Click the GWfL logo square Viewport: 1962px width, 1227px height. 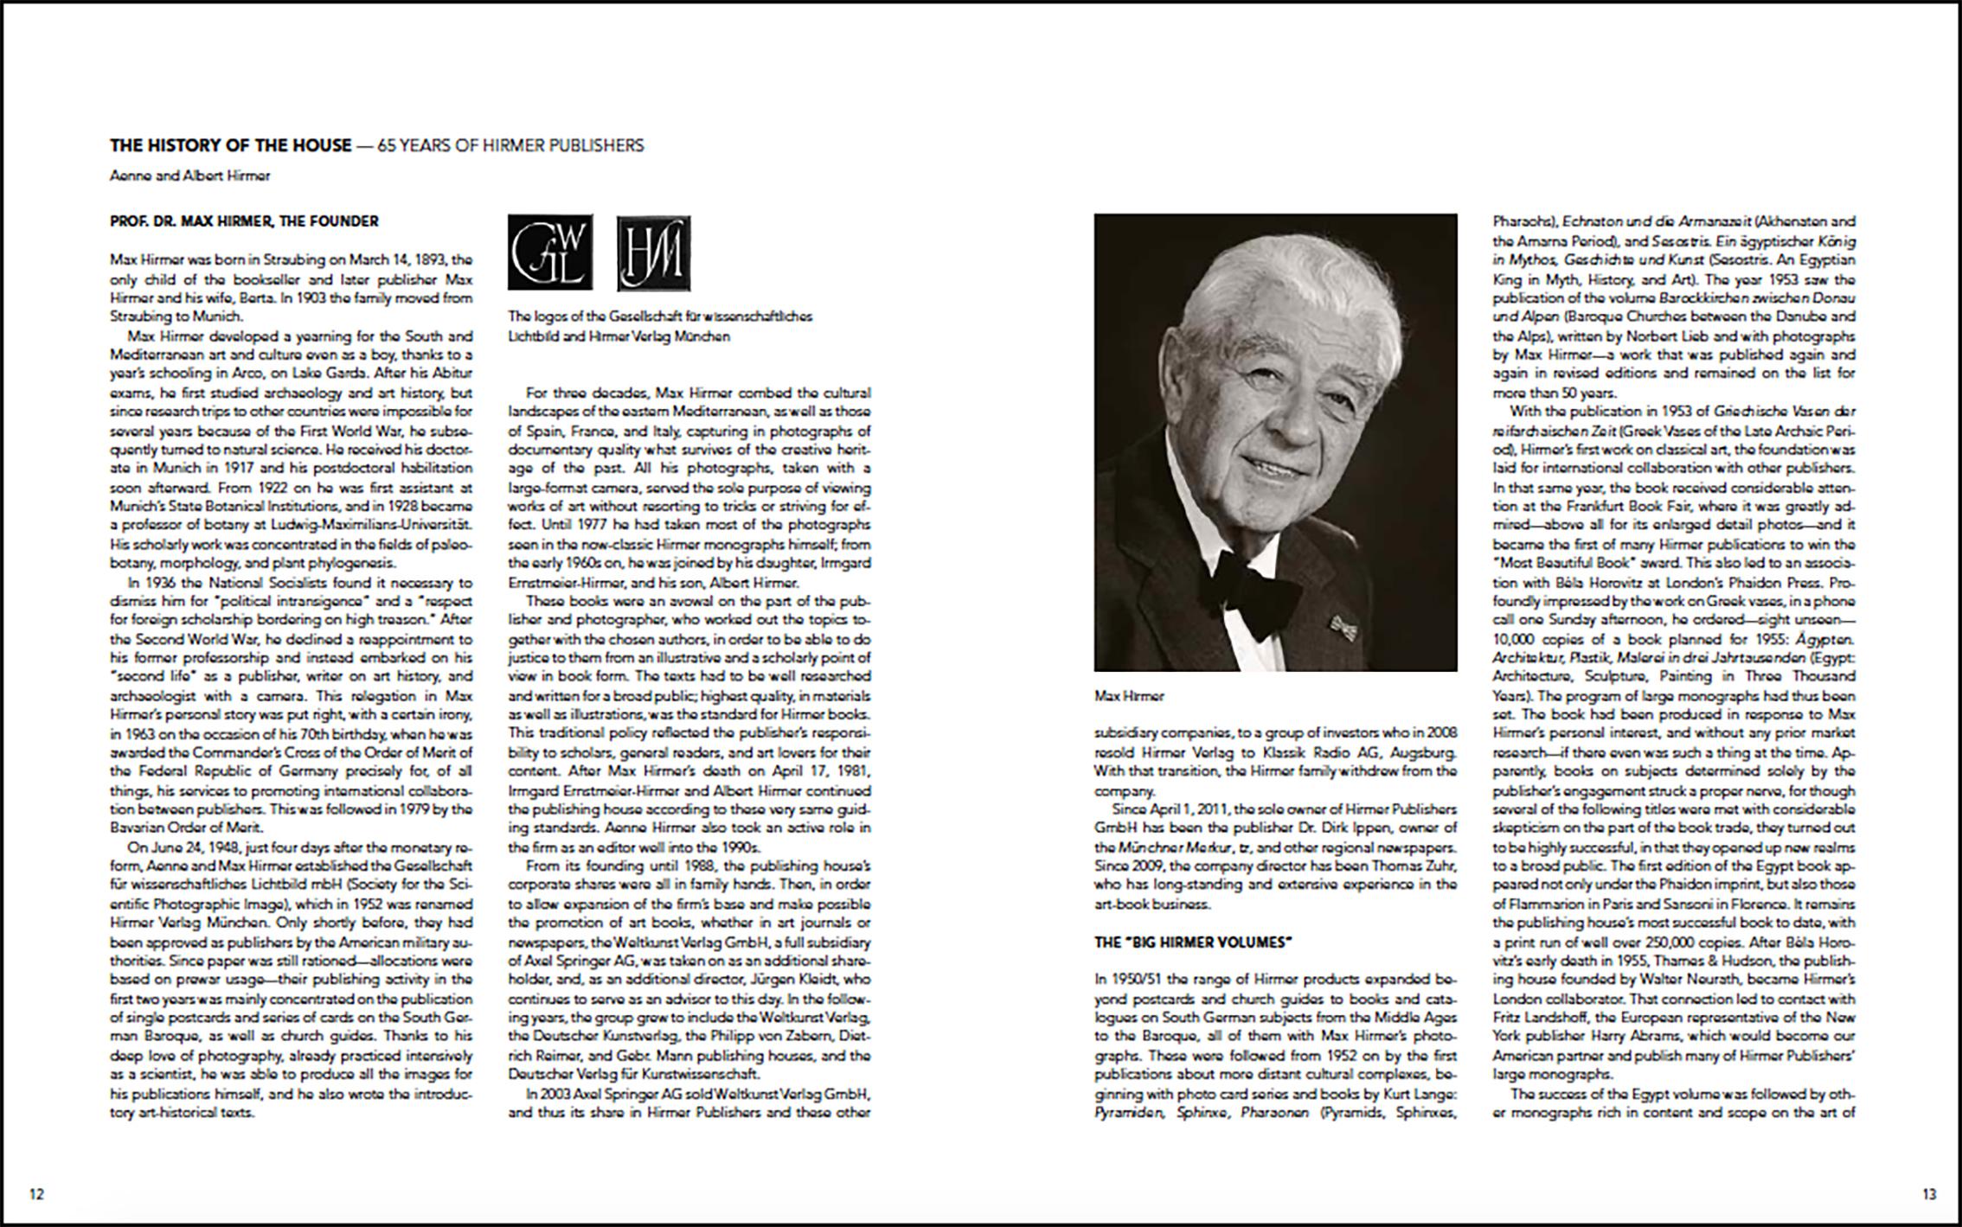point(550,252)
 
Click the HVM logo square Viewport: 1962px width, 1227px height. point(654,253)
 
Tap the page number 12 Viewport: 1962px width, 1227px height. point(36,1194)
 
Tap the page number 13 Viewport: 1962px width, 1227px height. point(1929,1194)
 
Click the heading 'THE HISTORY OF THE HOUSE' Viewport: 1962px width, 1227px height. point(231,145)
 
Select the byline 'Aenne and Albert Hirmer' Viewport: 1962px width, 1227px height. point(189,176)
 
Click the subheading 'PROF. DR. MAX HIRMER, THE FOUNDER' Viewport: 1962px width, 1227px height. point(244,221)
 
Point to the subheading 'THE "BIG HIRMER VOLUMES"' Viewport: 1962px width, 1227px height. point(1193,942)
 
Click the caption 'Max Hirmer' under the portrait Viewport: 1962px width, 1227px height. point(1129,695)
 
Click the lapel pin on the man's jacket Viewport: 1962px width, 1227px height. point(1342,623)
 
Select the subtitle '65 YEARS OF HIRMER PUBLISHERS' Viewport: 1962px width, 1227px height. point(510,145)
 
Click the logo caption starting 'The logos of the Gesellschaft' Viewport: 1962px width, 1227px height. point(659,326)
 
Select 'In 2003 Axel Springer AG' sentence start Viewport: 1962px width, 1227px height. point(606,1093)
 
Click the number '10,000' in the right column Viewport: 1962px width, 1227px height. point(1514,639)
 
